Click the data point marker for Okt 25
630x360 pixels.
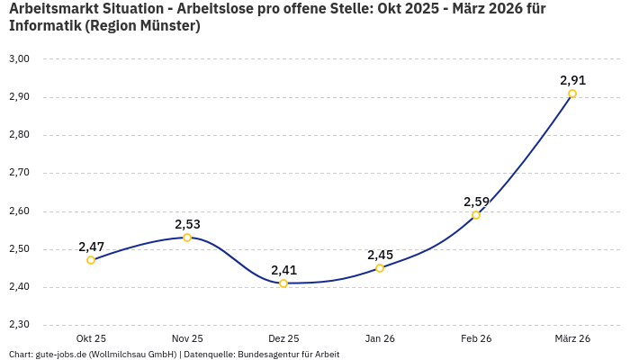(x=91, y=260)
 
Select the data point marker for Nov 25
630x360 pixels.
(x=187, y=238)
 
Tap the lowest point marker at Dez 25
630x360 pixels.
(x=283, y=283)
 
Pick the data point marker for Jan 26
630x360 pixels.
(x=380, y=268)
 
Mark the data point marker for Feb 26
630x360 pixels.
(x=476, y=215)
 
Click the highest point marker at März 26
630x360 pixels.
(x=572, y=94)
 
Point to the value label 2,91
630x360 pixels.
(x=572, y=80)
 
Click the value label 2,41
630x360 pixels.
(x=283, y=270)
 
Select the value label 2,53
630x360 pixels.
(x=187, y=224)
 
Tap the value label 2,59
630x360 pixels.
(x=476, y=202)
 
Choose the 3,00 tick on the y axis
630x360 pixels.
(x=19, y=58)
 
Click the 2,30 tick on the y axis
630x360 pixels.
(x=19, y=325)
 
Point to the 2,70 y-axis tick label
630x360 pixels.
(x=19, y=173)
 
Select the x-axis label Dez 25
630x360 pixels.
(x=283, y=338)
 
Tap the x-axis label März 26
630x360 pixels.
(x=572, y=338)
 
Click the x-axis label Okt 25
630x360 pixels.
(x=91, y=338)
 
